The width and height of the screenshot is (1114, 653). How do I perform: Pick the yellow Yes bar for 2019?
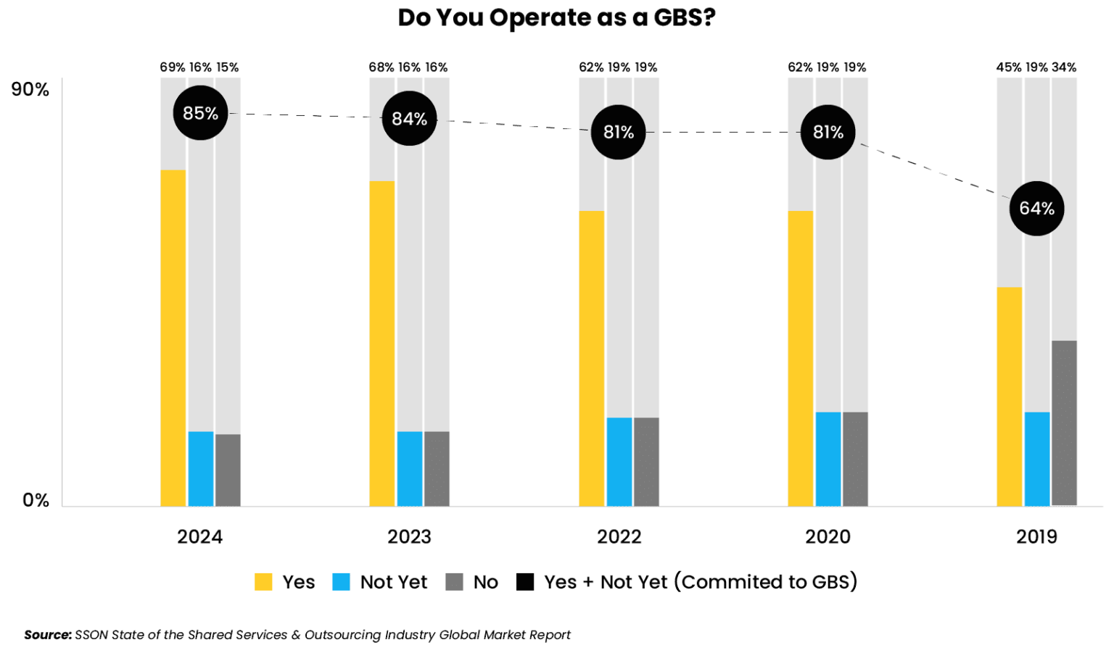pyautogui.click(x=1009, y=396)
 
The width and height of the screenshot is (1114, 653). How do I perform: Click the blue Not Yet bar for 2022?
pyautogui.click(x=619, y=462)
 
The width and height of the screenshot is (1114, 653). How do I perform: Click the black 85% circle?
pyautogui.click(x=200, y=113)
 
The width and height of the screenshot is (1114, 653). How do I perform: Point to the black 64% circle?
pyautogui.click(x=1036, y=208)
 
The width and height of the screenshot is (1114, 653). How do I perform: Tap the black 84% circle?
pyautogui.click(x=409, y=118)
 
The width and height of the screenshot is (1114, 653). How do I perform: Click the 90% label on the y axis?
pyautogui.click(x=30, y=90)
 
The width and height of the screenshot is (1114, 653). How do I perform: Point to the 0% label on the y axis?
pyautogui.click(x=36, y=500)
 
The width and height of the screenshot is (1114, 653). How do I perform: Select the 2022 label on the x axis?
pyautogui.click(x=619, y=537)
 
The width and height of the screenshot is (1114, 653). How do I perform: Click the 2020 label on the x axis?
pyautogui.click(x=828, y=537)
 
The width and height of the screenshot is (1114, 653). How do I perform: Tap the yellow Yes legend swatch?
pyautogui.click(x=263, y=582)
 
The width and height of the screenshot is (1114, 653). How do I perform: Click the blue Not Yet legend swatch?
pyautogui.click(x=341, y=582)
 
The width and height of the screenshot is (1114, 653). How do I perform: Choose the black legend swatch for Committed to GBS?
pyautogui.click(x=525, y=582)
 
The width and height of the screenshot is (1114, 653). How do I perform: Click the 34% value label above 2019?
pyautogui.click(x=1064, y=67)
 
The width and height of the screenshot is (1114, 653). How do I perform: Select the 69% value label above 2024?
pyautogui.click(x=173, y=67)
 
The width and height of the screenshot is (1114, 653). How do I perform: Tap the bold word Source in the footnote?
pyautogui.click(x=47, y=635)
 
